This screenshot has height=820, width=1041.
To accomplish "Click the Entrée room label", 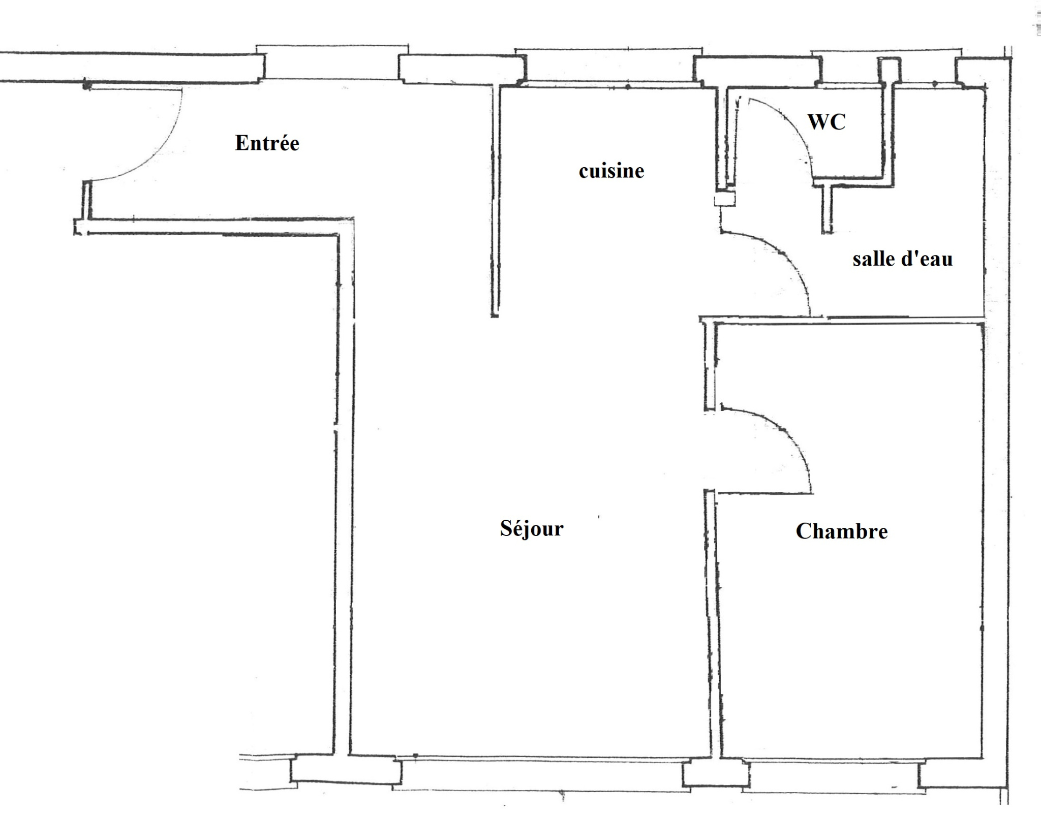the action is pos(267,143).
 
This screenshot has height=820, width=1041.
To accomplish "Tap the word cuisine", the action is pos(611,171).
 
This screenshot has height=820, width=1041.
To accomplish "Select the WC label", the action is pos(827,122).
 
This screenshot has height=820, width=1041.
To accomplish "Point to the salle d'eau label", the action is pos(903,259).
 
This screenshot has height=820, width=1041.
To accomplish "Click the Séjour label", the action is pos(532,528).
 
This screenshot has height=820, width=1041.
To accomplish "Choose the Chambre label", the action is pos(842,531).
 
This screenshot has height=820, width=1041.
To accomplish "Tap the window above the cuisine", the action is pos(609,66).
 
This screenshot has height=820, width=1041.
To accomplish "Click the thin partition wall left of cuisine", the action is pos(495,201).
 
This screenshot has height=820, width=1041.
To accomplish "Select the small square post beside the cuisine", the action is pos(724,198).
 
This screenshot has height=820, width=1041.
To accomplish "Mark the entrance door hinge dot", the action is pos(87,86).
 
